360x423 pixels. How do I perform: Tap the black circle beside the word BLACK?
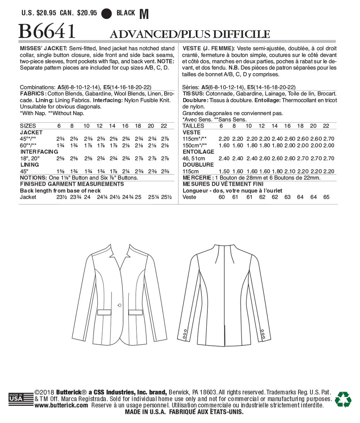(107, 13)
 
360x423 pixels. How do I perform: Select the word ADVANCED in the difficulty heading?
(142, 34)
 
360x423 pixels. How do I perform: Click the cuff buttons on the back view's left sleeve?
(184, 333)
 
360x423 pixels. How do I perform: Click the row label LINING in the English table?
(30, 165)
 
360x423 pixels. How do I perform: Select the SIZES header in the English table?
(28, 126)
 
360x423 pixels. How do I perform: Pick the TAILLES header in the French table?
(193, 126)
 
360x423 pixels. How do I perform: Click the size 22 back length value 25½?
(166, 197)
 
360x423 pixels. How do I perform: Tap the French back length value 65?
(326, 197)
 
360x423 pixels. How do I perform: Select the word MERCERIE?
(197, 178)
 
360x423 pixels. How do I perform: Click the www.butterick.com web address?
(62, 405)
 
